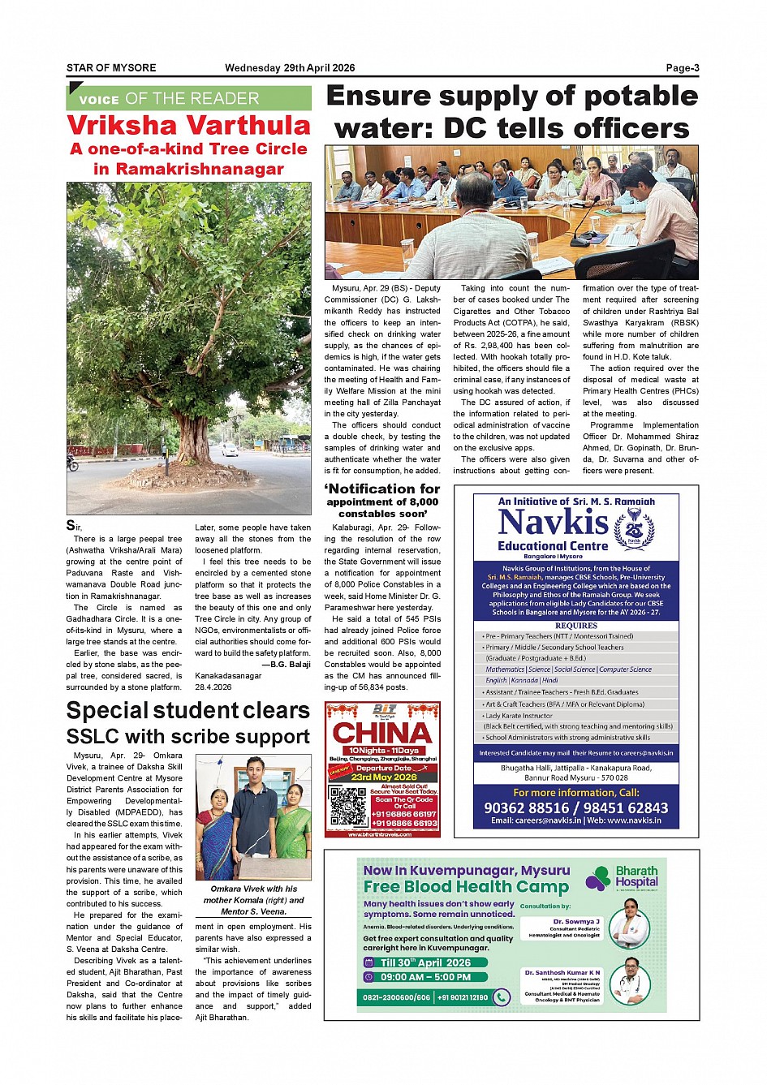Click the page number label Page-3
[x=682, y=68]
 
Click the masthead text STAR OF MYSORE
[x=111, y=68]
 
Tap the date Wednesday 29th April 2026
[x=290, y=68]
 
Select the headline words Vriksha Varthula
[x=188, y=125]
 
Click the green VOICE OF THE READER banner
[x=188, y=98]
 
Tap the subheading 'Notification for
[x=382, y=489]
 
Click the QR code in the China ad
[x=348, y=807]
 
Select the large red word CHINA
[x=382, y=733]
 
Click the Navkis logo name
[x=553, y=522]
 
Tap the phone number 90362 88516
[x=527, y=807]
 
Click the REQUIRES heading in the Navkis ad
[x=576, y=626]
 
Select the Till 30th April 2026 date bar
[x=425, y=962]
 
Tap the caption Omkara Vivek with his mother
[x=253, y=889]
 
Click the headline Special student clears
[x=188, y=710]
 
